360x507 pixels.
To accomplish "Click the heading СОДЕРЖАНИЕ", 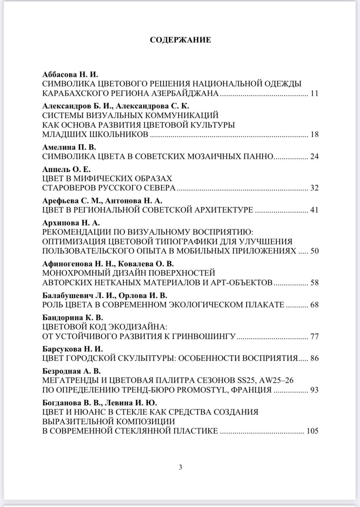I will point(180,40).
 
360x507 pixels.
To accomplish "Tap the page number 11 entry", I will point(314,94).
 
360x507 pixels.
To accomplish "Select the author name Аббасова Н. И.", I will point(70,74).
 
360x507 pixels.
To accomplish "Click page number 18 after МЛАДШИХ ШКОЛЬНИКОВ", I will point(314,135).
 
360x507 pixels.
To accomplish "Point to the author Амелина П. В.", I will point(69,147).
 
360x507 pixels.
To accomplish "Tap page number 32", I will point(314,188).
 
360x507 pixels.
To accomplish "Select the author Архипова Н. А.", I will point(71,223).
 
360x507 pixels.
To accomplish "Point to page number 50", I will point(314,251).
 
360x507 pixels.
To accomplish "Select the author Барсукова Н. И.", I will point(72,349).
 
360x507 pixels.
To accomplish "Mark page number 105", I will point(312,431).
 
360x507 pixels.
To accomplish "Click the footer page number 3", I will point(180,467).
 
